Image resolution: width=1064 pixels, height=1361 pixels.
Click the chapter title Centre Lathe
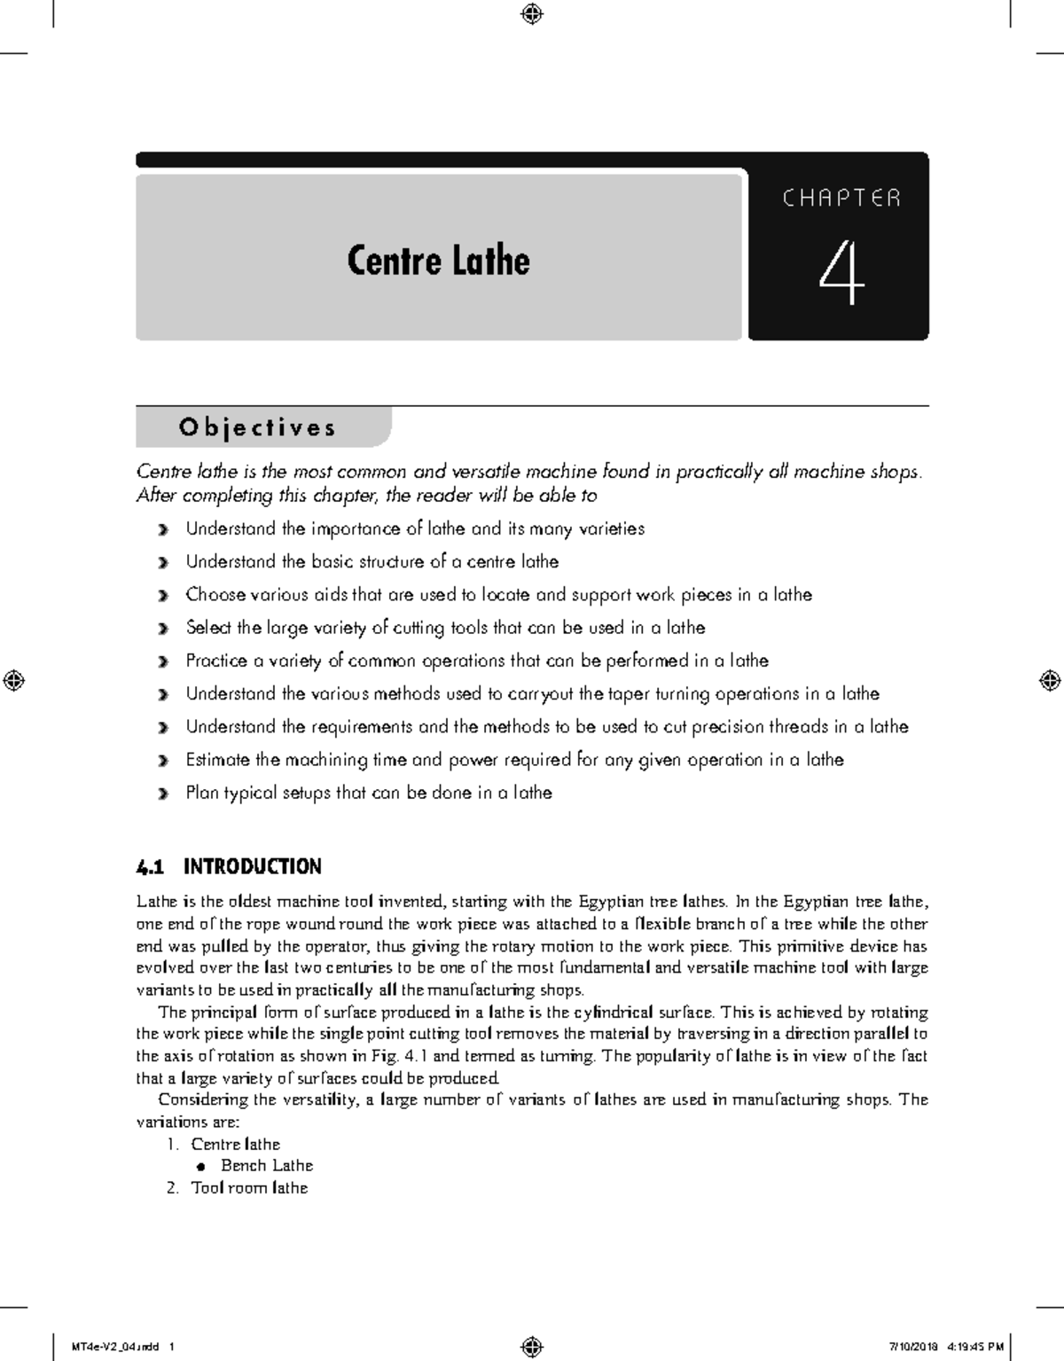[x=438, y=261]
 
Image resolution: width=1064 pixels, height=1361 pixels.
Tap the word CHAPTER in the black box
[x=841, y=198]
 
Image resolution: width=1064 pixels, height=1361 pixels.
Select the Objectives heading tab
[x=258, y=427]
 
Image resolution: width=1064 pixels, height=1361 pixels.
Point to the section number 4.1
[x=151, y=866]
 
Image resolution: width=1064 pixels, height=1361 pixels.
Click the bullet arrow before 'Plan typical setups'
[x=161, y=794]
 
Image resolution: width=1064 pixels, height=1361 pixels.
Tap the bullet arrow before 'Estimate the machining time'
[x=161, y=762]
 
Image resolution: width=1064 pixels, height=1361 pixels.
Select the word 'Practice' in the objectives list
[x=216, y=661]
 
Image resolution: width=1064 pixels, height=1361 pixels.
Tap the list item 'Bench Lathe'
[x=267, y=1166]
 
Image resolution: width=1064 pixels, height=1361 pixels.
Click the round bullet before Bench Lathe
[x=203, y=1167]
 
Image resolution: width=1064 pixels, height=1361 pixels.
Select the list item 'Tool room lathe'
[x=249, y=1188]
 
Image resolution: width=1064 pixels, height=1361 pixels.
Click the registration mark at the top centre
[x=532, y=13]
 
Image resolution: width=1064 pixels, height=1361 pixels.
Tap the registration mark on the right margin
[x=1049, y=680]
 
